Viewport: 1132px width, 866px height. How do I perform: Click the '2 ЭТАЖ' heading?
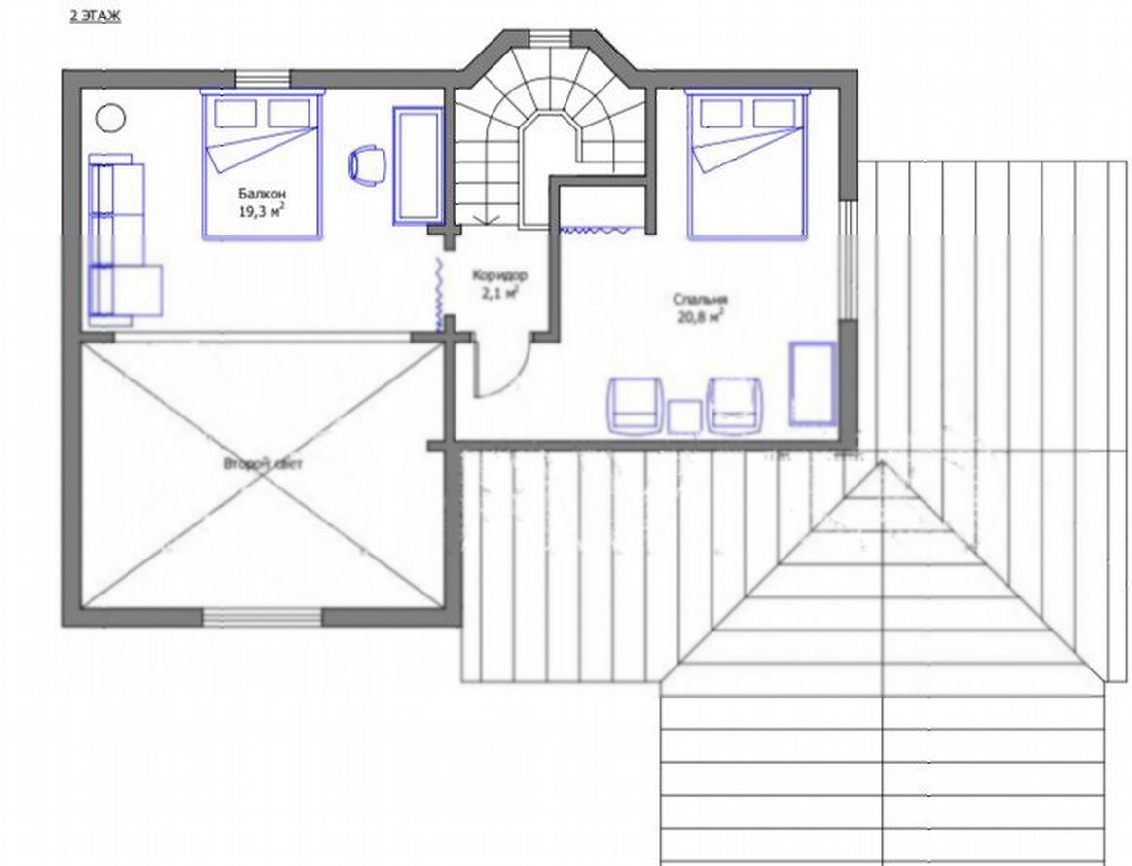pyautogui.click(x=94, y=17)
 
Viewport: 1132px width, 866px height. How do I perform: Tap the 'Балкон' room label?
pyautogui.click(x=262, y=194)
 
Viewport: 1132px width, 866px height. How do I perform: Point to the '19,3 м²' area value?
pyautogui.click(x=261, y=210)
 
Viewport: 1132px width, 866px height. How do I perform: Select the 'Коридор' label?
pyautogui.click(x=499, y=275)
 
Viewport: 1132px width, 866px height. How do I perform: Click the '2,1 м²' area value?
pyautogui.click(x=499, y=292)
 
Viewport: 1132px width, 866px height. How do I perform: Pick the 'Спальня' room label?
pyautogui.click(x=700, y=299)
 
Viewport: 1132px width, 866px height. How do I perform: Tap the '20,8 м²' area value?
pyautogui.click(x=700, y=316)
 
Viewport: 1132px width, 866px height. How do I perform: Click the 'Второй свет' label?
pyautogui.click(x=263, y=463)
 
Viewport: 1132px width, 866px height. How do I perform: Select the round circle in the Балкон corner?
pyautogui.click(x=110, y=118)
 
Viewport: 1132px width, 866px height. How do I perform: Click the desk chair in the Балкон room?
pyautogui.click(x=368, y=165)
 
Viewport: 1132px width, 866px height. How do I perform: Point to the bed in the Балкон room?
pyautogui.click(x=261, y=163)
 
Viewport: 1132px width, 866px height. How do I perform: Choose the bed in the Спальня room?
pyautogui.click(x=746, y=163)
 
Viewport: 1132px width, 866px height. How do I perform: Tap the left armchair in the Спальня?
pyautogui.click(x=635, y=406)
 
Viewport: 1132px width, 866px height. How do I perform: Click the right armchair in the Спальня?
pyautogui.click(x=734, y=406)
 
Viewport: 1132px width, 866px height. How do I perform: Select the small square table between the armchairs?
pyautogui.click(x=684, y=417)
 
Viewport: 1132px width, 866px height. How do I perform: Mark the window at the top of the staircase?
pyautogui.click(x=551, y=38)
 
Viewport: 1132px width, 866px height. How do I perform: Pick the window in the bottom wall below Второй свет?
pyautogui.click(x=262, y=617)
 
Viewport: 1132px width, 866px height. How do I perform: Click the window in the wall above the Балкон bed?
pyautogui.click(x=263, y=78)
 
